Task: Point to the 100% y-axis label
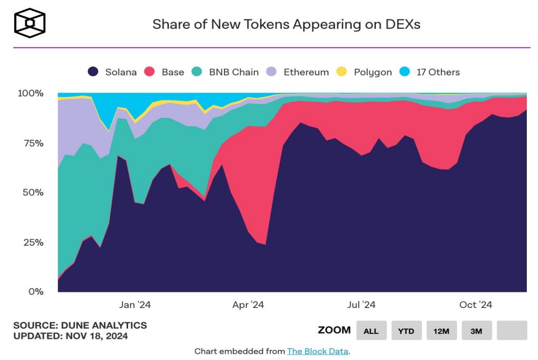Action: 30,93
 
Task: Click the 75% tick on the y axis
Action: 33,143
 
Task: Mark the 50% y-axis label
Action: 33,193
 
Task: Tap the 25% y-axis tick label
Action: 33,243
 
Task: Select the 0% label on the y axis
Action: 36,292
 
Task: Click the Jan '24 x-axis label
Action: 135,305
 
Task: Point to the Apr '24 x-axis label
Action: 248,305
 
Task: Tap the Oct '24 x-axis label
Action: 476,305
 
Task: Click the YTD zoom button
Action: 406,331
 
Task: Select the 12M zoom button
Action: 441,331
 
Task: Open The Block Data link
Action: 318,351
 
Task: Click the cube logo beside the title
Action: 30,22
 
